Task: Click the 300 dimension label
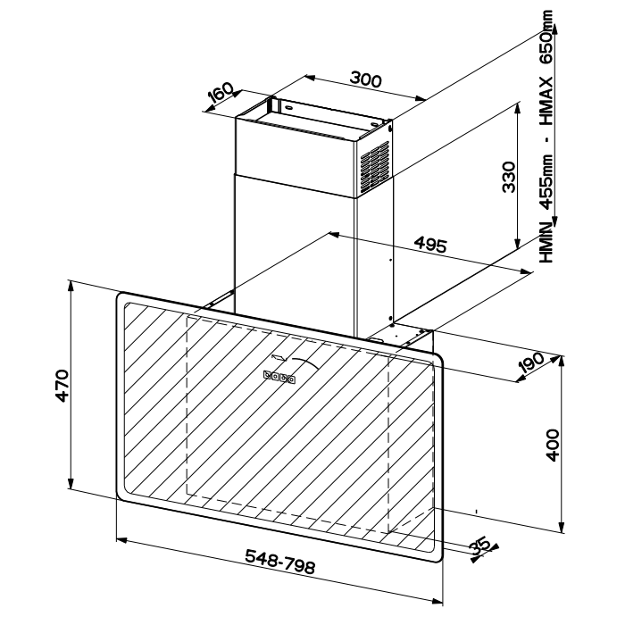(x=366, y=79)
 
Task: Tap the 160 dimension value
(x=221, y=93)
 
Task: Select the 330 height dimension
(x=509, y=177)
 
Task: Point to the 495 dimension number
(x=430, y=245)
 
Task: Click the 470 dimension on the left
(x=62, y=386)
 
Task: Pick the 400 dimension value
(x=552, y=446)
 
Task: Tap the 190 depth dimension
(x=531, y=362)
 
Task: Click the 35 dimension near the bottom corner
(x=479, y=546)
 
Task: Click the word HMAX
(x=546, y=100)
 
